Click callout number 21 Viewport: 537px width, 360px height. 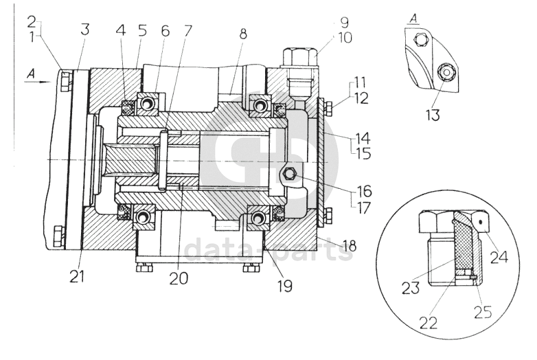click(x=77, y=276)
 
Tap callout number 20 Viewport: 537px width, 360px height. click(x=179, y=278)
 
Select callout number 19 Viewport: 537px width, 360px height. click(x=285, y=285)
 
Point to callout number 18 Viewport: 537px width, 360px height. click(x=349, y=245)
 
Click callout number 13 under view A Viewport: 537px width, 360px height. click(x=433, y=115)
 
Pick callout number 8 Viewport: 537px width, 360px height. click(x=243, y=34)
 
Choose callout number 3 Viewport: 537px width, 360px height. click(x=84, y=29)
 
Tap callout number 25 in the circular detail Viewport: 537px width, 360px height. click(x=483, y=311)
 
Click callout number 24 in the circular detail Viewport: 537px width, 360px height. click(x=499, y=256)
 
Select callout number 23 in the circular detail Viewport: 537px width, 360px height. click(x=411, y=287)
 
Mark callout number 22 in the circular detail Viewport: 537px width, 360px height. click(x=428, y=322)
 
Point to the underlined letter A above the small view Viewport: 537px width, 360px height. click(x=414, y=19)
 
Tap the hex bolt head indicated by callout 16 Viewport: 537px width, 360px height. click(x=290, y=175)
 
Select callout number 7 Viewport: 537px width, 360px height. click(x=187, y=30)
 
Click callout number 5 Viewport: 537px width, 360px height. click(x=142, y=30)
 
